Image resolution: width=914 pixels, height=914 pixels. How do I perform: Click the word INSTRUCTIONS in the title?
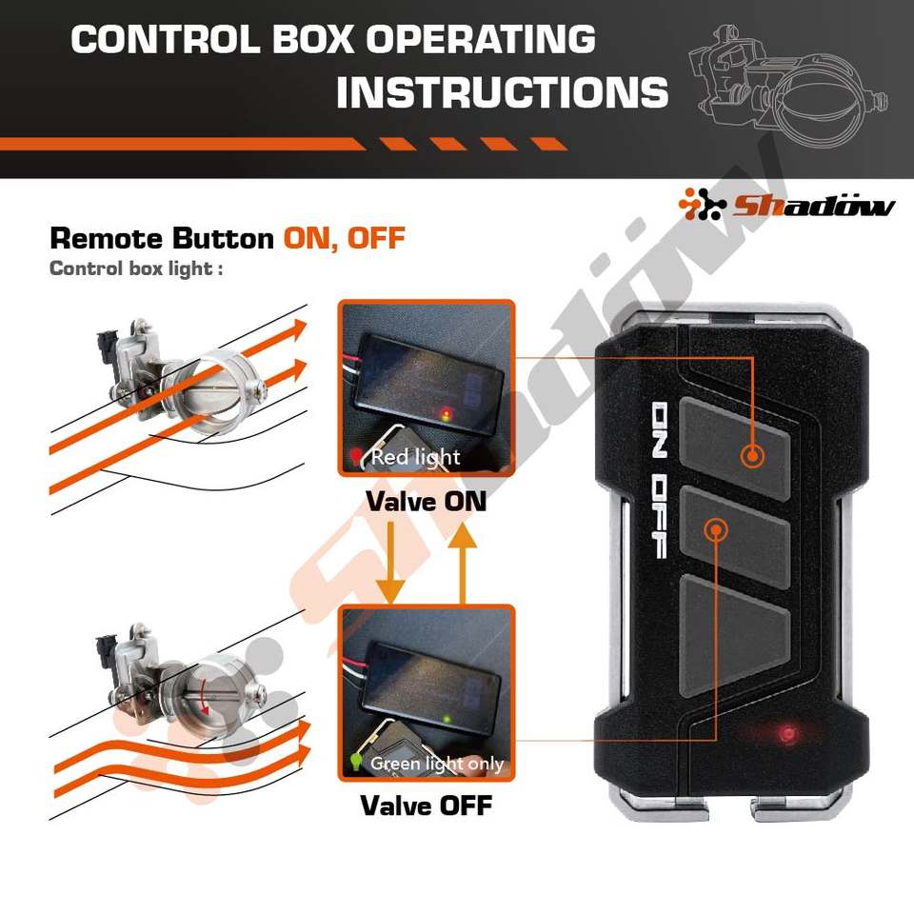[502, 92]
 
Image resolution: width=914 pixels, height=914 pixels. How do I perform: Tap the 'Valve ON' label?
[427, 501]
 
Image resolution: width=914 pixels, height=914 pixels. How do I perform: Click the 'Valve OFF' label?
[427, 805]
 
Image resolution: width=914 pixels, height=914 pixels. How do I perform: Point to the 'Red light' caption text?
[415, 457]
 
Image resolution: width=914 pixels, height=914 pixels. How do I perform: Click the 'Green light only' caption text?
[436, 763]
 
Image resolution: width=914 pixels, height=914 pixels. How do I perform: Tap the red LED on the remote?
[786, 733]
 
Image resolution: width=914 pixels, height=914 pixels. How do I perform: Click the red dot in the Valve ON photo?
[445, 414]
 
